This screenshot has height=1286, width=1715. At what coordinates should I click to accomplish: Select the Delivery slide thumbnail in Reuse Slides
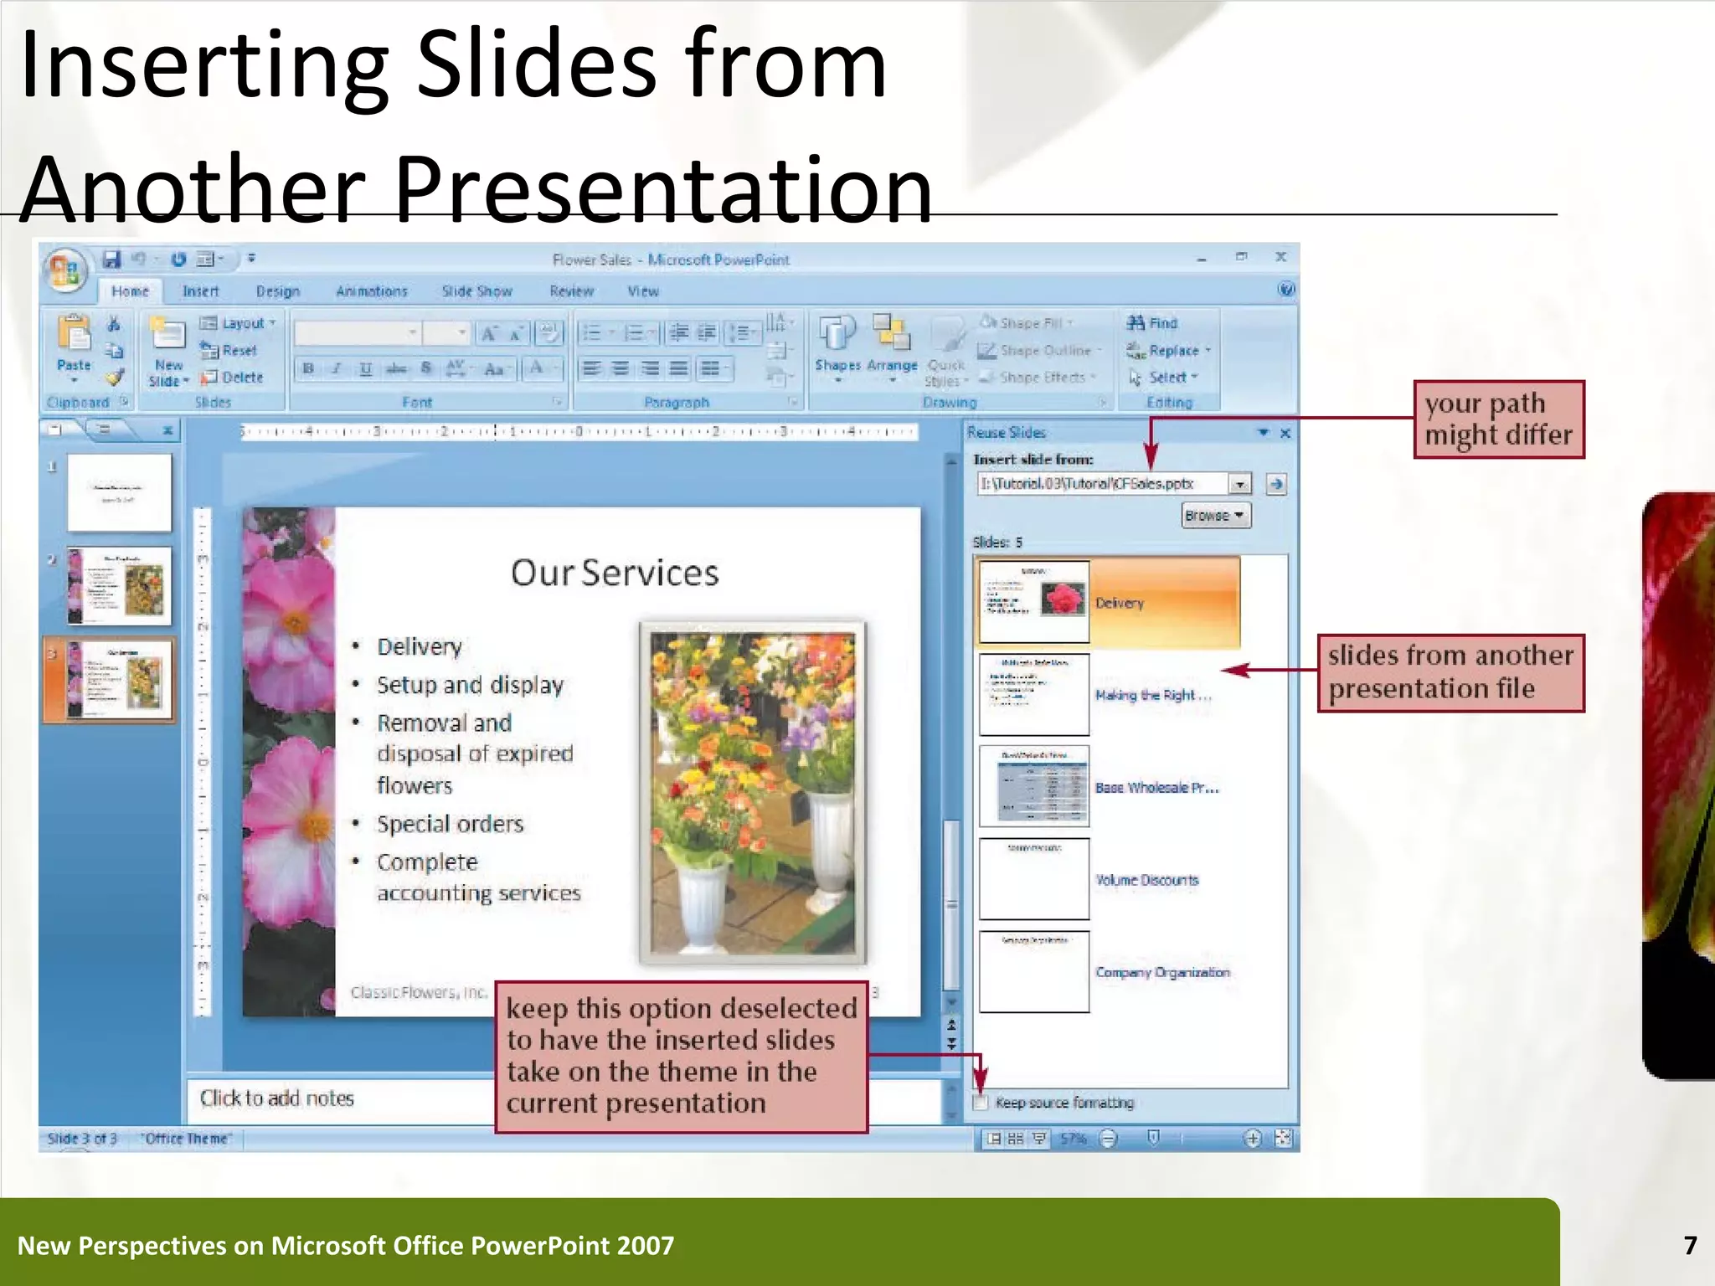(x=1034, y=601)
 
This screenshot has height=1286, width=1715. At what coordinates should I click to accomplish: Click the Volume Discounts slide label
(x=1146, y=880)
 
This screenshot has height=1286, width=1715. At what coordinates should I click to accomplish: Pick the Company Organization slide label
(x=1162, y=972)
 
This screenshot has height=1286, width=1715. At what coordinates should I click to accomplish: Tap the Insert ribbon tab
(x=200, y=291)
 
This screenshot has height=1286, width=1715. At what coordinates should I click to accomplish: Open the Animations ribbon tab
(x=371, y=291)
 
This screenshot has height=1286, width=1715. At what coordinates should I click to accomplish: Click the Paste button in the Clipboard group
(x=74, y=347)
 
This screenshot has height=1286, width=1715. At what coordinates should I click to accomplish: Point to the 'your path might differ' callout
(x=1499, y=419)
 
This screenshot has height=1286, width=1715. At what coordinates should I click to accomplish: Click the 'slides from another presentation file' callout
(x=1450, y=672)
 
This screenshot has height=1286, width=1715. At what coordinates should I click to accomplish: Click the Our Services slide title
(x=615, y=574)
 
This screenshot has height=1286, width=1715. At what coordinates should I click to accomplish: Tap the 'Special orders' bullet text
(x=450, y=824)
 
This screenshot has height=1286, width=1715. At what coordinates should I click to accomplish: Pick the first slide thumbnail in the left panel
(x=119, y=492)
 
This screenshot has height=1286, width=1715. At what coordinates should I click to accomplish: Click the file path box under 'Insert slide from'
(x=1100, y=484)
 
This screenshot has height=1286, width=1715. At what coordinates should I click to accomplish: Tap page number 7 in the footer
(x=1690, y=1246)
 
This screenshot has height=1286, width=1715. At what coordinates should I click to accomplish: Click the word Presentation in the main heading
(x=662, y=190)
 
